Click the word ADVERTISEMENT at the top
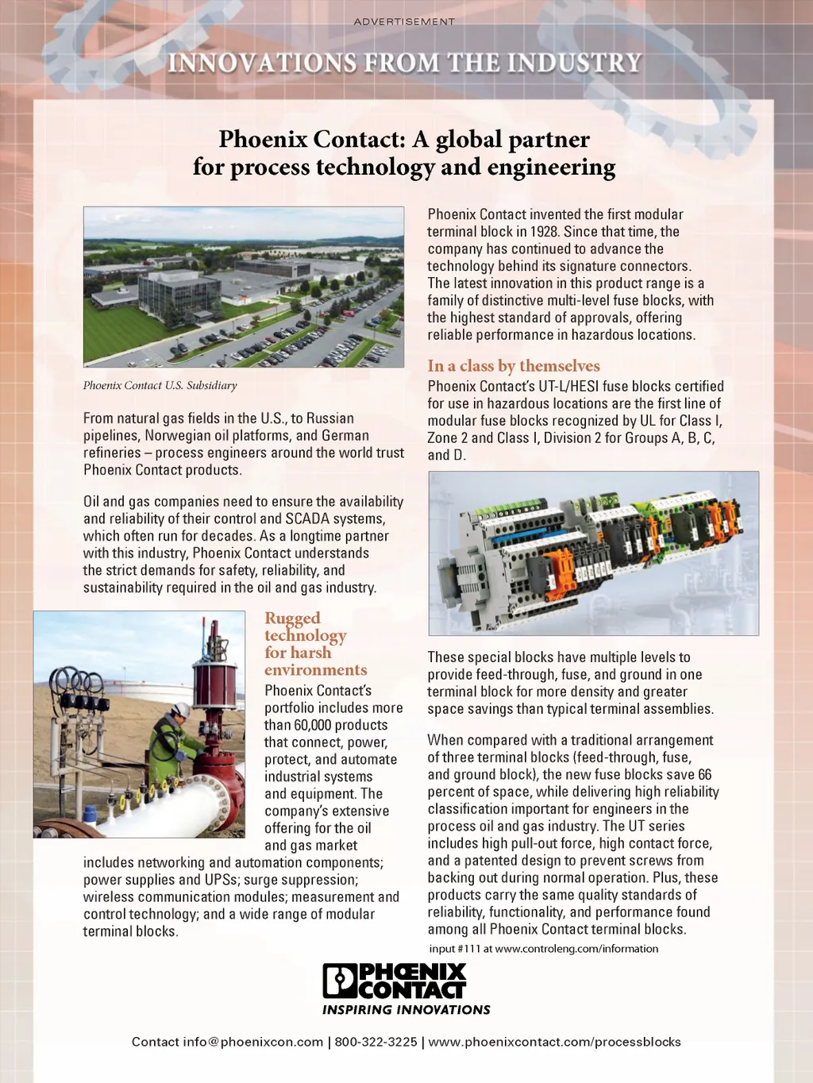[x=404, y=21]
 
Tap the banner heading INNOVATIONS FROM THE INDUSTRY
[x=404, y=63]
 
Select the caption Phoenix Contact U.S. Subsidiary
[x=160, y=386]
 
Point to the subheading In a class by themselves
[x=513, y=366]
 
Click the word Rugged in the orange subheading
[x=292, y=619]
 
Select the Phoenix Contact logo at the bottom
[x=395, y=981]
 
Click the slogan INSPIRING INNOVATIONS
[x=406, y=1010]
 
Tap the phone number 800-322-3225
[x=376, y=1042]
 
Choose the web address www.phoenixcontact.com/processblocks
[x=554, y=1042]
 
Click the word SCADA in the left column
[x=307, y=519]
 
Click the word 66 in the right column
[x=703, y=775]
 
